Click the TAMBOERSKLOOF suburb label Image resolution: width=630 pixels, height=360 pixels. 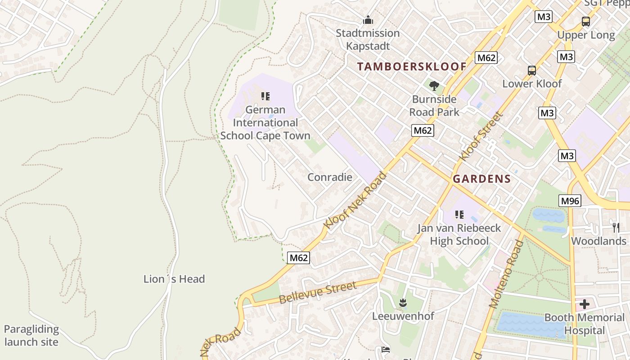click(x=412, y=67)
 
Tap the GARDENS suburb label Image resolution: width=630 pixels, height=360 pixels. click(x=481, y=179)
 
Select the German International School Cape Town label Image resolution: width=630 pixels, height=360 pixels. click(x=265, y=122)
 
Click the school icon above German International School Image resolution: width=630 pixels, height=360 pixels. click(x=265, y=96)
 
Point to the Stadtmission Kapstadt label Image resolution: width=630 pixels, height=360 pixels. click(x=368, y=39)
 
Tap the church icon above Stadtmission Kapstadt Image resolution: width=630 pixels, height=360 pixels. click(x=368, y=20)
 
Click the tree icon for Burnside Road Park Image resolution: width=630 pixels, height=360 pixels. click(x=434, y=85)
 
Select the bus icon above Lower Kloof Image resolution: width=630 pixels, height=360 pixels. click(x=532, y=70)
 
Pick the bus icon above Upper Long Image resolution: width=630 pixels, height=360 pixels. click(x=585, y=21)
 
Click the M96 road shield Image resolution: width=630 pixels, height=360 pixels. click(x=570, y=201)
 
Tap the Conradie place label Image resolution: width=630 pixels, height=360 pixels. click(x=329, y=177)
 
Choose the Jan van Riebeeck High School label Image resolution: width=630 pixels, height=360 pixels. click(x=459, y=234)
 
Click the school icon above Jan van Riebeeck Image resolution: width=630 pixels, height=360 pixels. click(x=459, y=215)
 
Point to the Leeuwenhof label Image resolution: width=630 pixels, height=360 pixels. click(x=403, y=316)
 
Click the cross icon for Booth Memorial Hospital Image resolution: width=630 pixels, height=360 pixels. click(x=584, y=304)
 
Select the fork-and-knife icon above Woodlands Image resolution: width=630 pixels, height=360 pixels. click(x=615, y=227)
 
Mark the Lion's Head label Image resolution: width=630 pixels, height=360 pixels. click(x=174, y=279)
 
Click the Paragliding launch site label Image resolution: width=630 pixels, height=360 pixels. click(x=31, y=335)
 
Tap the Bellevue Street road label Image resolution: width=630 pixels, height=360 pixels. click(x=318, y=292)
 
